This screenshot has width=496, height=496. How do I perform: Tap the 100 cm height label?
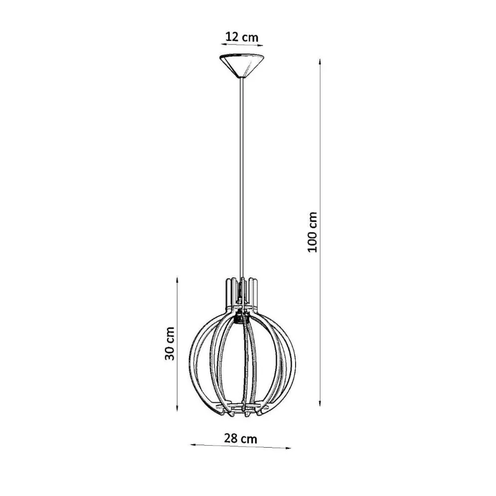click(x=312, y=232)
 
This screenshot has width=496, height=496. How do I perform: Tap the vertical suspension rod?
click(x=242, y=174)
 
